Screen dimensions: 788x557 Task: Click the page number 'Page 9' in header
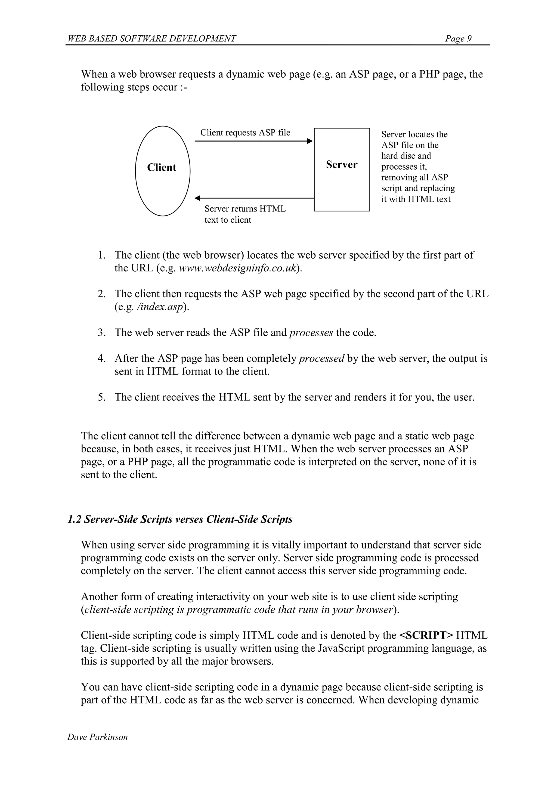click(458, 38)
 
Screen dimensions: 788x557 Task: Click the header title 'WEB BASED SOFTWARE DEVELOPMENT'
click(151, 38)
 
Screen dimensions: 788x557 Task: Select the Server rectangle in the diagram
click(342, 185)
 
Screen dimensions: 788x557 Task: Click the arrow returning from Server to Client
click(254, 198)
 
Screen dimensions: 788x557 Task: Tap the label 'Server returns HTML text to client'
click(245, 214)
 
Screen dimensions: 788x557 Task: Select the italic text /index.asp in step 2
click(160, 307)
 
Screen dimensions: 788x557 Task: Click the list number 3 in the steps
click(101, 333)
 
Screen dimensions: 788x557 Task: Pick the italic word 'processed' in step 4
click(321, 358)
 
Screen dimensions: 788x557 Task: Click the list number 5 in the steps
click(101, 397)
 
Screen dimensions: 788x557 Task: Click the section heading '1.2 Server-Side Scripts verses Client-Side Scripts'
click(180, 519)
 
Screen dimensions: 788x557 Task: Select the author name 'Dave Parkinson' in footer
click(97, 737)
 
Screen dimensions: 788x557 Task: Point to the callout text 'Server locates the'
click(414, 134)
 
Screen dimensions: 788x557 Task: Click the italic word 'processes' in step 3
click(311, 333)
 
